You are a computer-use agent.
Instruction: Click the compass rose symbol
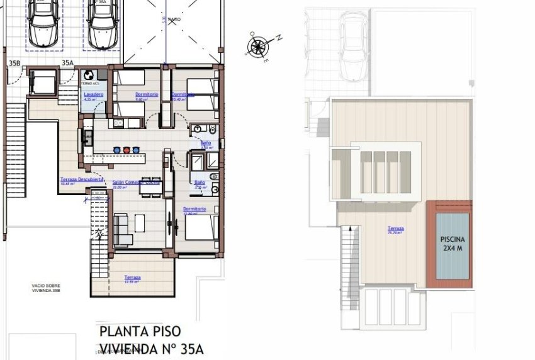[258, 45]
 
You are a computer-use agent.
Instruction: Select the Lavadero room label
[93, 95]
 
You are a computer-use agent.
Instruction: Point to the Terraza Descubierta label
[82, 179]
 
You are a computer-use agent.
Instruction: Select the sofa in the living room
[123, 230]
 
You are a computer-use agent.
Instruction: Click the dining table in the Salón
[150, 186]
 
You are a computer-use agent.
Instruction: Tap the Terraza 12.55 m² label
[132, 278]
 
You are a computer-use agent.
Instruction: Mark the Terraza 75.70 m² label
[395, 230]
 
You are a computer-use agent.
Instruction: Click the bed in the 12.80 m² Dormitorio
[202, 230]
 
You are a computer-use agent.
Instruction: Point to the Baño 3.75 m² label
[200, 183]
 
